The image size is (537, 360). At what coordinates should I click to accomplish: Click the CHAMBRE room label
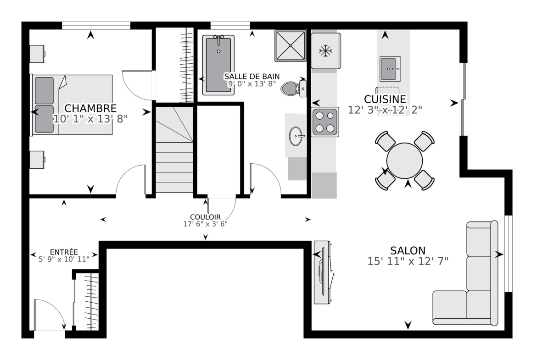(x=90, y=108)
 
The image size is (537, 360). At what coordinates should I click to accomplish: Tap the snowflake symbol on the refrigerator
(x=325, y=51)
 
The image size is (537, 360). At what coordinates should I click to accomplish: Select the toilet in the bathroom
(x=293, y=89)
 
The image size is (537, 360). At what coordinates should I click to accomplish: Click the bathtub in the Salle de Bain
(x=218, y=65)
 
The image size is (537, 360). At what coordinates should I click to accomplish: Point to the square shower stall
(x=291, y=46)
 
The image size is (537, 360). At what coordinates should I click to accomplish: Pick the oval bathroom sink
(x=296, y=136)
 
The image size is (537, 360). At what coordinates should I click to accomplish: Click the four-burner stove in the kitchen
(x=325, y=122)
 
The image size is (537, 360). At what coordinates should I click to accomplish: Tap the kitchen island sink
(x=390, y=69)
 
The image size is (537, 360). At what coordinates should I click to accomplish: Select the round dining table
(x=404, y=161)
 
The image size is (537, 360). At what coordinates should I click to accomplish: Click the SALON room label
(x=408, y=250)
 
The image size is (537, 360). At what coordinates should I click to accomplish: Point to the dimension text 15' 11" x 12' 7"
(x=408, y=261)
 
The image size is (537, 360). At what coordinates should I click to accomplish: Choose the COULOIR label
(x=206, y=217)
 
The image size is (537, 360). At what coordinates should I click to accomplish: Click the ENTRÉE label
(x=64, y=252)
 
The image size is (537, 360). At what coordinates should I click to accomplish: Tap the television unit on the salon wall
(x=323, y=272)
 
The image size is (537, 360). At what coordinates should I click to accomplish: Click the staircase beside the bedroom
(x=174, y=150)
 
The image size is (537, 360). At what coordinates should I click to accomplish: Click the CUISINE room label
(x=385, y=99)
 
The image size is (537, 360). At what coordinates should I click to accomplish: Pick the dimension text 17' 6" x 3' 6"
(x=206, y=224)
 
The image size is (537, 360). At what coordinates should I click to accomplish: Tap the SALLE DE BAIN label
(x=252, y=76)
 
